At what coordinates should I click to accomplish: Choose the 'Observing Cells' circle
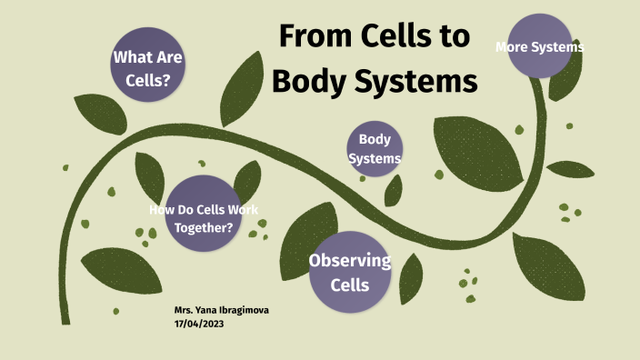click(x=350, y=270)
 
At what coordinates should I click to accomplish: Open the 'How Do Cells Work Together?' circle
click(x=203, y=215)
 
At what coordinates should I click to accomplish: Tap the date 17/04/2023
click(x=199, y=324)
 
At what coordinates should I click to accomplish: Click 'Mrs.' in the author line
click(x=184, y=310)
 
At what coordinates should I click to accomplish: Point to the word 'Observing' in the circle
click(x=350, y=261)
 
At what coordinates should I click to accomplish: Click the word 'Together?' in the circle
click(x=204, y=226)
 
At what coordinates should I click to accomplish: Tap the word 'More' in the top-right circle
click(x=513, y=46)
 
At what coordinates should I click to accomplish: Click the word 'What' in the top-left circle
click(x=129, y=57)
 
